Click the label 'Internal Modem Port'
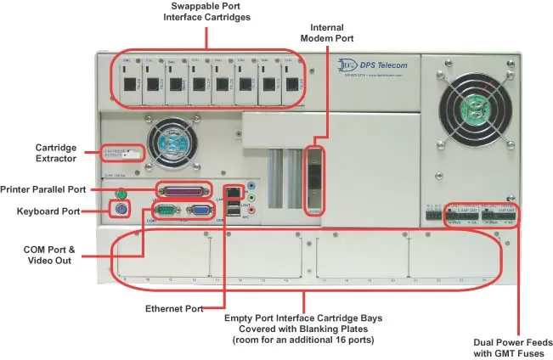327,32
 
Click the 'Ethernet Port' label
174,309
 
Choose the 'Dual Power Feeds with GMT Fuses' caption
508,347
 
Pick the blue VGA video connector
201,213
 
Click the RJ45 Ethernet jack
232,191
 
